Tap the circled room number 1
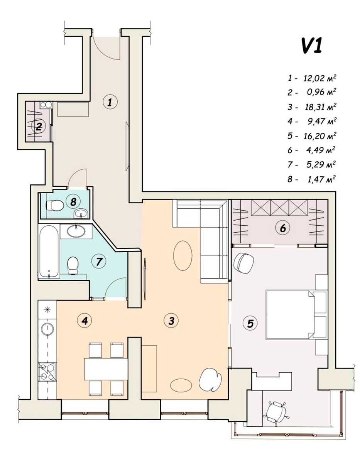point(110,103)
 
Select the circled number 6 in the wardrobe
point(283,228)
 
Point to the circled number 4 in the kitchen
point(85,320)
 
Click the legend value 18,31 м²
point(321,107)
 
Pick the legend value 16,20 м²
point(320,136)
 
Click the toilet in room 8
point(55,205)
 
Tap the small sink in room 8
point(81,213)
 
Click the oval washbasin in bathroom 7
point(76,231)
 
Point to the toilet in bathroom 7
point(73,265)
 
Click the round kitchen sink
point(47,329)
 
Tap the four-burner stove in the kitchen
point(47,372)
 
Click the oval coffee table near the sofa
point(183,255)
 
